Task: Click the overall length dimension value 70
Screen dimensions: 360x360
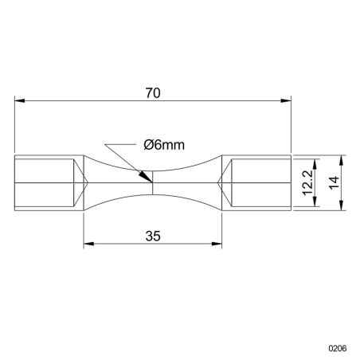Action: (x=154, y=92)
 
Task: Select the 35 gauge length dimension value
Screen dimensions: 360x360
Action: (x=154, y=235)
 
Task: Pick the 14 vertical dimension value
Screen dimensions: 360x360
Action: (x=335, y=182)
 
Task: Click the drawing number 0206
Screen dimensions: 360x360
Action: (x=340, y=348)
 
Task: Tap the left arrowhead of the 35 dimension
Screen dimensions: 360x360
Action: (x=88, y=244)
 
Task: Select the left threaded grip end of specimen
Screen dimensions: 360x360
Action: (x=45, y=182)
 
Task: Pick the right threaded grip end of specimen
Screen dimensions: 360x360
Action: (x=260, y=182)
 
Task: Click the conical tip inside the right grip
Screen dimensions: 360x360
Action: (x=227, y=182)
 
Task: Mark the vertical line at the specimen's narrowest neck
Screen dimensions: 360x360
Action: (x=153, y=182)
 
